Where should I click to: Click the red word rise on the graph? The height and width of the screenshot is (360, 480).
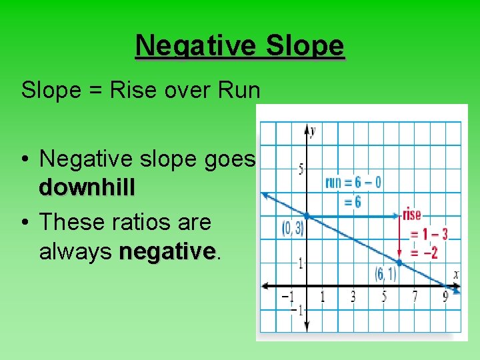pyautogui.click(x=411, y=215)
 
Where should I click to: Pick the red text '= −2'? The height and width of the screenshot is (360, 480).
pyautogui.click(x=423, y=252)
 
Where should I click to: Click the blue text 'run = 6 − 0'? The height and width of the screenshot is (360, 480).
pyautogui.click(x=353, y=182)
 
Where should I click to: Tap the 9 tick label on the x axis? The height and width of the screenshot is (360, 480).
pyautogui.click(x=445, y=297)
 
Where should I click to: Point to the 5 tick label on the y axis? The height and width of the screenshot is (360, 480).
pyautogui.click(x=301, y=169)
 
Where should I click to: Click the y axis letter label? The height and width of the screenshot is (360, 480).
pyautogui.click(x=312, y=131)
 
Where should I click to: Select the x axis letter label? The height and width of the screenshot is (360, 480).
pyautogui.click(x=455, y=274)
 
